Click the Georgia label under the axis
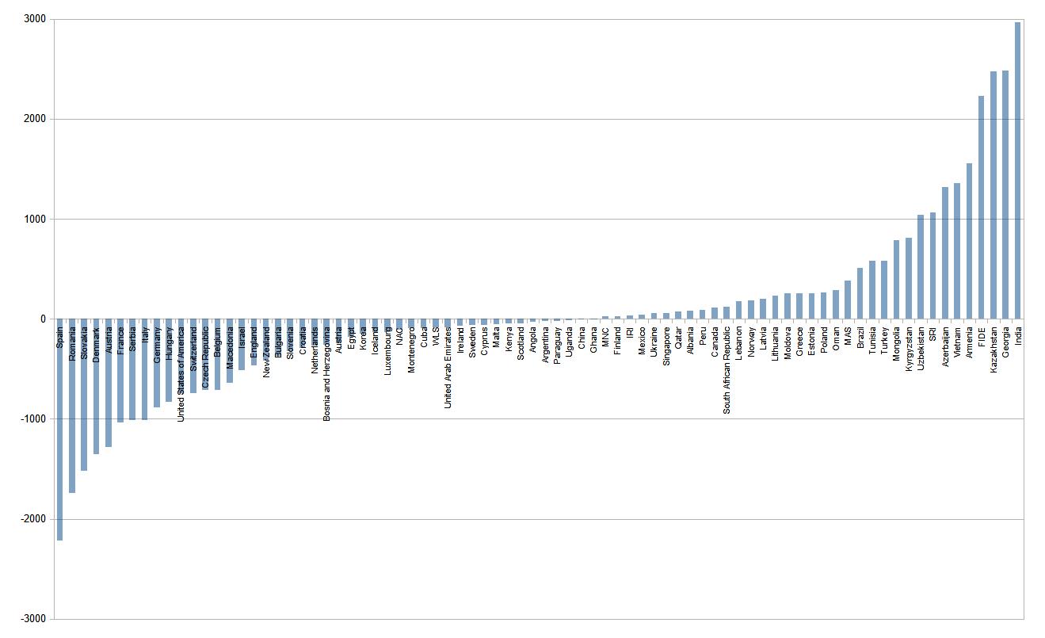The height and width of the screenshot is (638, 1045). click(1005, 343)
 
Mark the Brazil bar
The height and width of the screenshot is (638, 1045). click(860, 293)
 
